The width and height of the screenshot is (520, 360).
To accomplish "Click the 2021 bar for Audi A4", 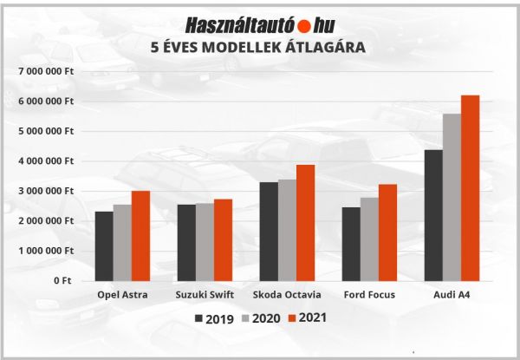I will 470,187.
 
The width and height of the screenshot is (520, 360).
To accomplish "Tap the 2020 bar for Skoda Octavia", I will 286,230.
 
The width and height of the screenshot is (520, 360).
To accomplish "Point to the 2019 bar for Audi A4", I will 433,215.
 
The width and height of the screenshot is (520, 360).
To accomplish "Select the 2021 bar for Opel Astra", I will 140,235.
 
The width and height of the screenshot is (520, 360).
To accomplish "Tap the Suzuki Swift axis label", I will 204,295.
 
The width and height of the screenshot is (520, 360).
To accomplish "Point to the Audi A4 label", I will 452,295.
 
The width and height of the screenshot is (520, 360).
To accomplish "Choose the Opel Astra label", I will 122,295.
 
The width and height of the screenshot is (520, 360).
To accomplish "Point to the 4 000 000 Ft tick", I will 48,160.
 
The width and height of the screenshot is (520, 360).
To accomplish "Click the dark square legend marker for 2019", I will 201,319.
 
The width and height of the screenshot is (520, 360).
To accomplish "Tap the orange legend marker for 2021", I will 291,319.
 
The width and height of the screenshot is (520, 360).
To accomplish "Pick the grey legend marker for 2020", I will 246,319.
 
